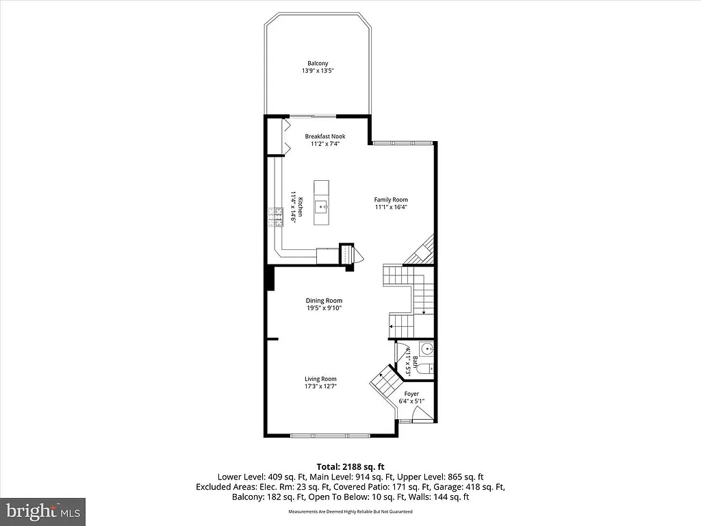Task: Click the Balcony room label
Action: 317,63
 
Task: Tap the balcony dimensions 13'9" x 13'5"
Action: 317,71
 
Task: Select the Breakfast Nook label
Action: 325,136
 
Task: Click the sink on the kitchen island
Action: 321,205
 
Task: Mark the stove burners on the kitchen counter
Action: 276,217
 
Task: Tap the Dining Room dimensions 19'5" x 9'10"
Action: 324,308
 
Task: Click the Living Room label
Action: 320,379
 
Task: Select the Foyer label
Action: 411,394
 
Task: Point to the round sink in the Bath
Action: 426,349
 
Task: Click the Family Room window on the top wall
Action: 402,142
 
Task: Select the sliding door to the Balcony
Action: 311,116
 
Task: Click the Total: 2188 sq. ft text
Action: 350,466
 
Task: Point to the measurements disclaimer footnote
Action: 350,512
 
